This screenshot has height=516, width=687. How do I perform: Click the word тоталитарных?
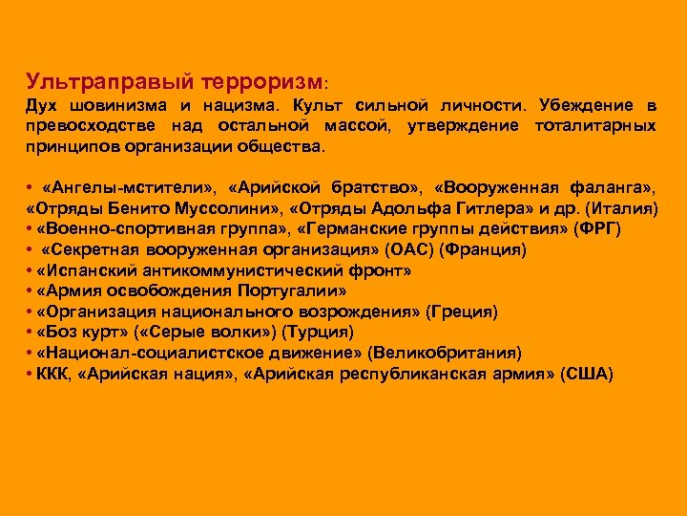595,126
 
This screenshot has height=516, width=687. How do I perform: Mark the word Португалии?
285,290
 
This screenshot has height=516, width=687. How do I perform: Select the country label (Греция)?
462,312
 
